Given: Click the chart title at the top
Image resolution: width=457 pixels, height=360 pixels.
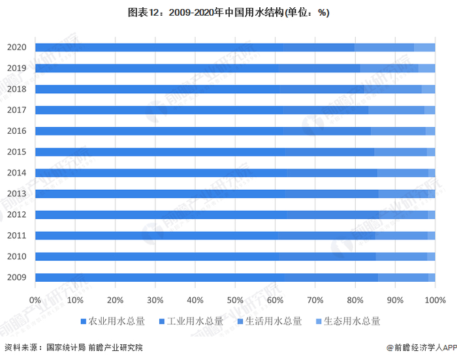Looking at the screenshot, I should pos(228,12).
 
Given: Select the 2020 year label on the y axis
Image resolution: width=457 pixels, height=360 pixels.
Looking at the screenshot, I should pos(17,47).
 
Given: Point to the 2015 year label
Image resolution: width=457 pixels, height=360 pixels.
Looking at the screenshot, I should pos(17,152).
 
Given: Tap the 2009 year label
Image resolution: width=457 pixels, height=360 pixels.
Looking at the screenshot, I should pos(17,278).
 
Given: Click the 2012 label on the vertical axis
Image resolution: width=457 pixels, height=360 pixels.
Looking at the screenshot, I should pos(17,215).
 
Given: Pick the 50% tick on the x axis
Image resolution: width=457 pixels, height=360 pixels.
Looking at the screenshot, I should pos(235,300).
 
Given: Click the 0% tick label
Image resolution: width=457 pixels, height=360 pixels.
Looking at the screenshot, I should pos(35,300).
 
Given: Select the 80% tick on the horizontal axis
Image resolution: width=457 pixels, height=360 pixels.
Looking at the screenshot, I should pos(355,300).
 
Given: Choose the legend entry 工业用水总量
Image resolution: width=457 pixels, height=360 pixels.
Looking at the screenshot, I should pos(193,321).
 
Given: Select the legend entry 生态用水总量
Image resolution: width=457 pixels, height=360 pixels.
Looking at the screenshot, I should pos(350,321).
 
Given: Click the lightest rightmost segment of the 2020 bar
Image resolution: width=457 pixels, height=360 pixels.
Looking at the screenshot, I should pos(424,47).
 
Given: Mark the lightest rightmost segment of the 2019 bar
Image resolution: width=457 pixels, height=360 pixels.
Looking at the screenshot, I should pos(426,68).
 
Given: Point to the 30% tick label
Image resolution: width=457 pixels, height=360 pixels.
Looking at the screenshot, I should pos(155,300).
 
